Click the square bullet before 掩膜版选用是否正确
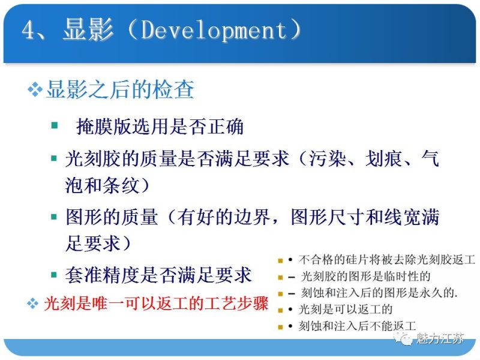click(x=55, y=125)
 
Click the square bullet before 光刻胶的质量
click(x=55, y=158)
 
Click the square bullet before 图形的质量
click(x=55, y=217)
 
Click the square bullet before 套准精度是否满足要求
click(x=55, y=275)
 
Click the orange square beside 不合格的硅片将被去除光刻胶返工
click(x=280, y=261)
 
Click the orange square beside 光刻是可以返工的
click(x=280, y=310)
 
